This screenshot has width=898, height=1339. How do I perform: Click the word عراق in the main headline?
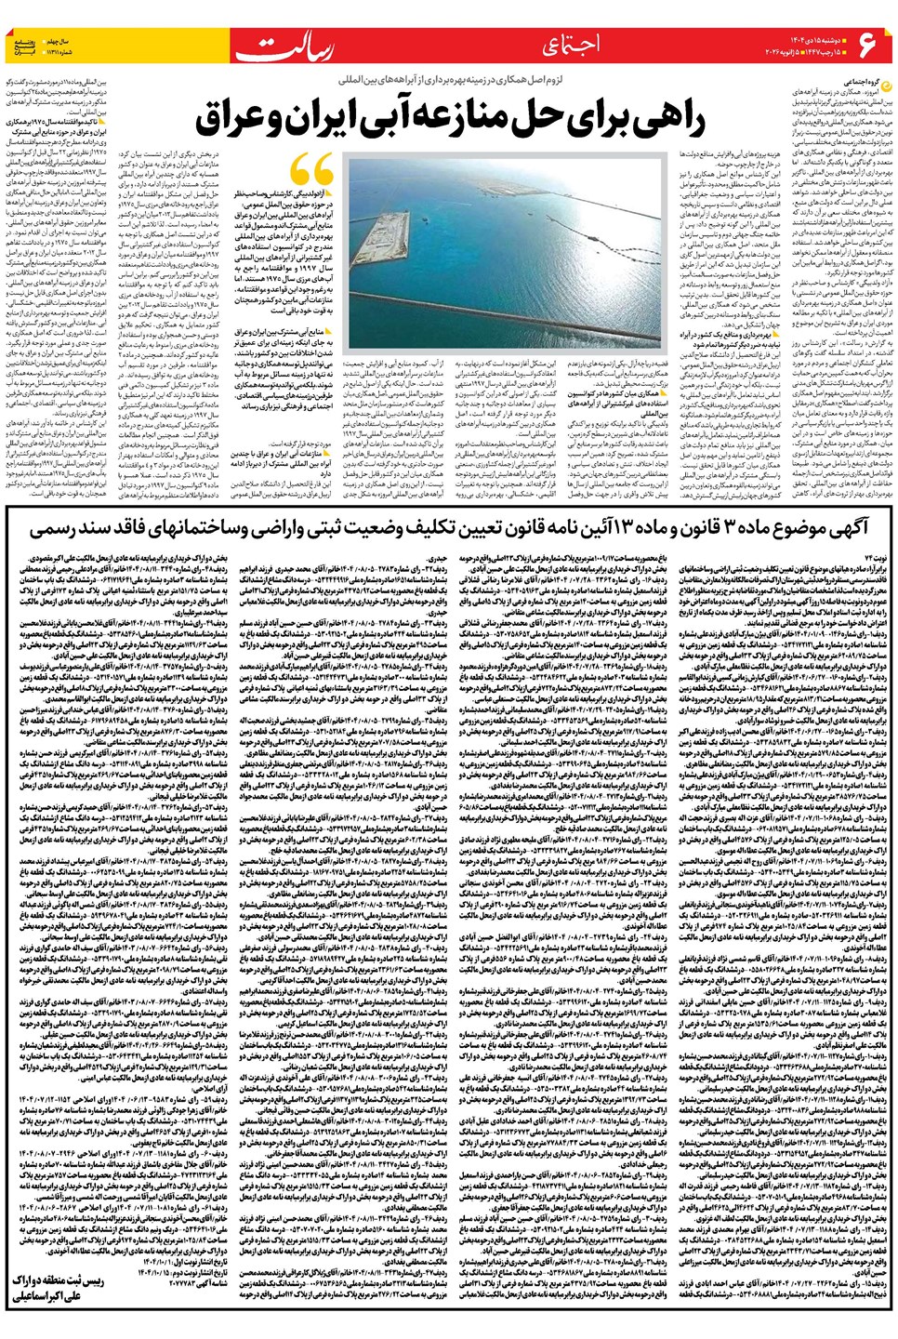239,119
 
